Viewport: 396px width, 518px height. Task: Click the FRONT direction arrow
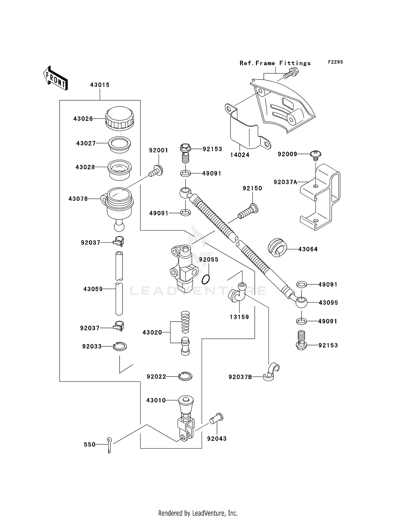(x=55, y=78)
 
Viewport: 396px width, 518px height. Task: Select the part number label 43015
(x=100, y=85)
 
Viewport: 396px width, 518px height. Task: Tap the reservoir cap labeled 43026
(x=120, y=119)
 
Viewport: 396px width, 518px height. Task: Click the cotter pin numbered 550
(x=110, y=445)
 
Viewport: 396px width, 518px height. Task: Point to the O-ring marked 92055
(x=206, y=279)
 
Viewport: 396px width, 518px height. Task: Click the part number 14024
(x=239, y=155)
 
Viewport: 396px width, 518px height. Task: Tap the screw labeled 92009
(x=316, y=155)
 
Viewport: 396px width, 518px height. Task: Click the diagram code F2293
(x=335, y=62)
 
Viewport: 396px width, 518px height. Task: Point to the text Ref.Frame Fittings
(x=275, y=63)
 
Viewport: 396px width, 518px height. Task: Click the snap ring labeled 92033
(x=120, y=346)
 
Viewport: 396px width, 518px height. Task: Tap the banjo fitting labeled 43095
(x=301, y=302)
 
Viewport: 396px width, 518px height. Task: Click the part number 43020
(x=152, y=332)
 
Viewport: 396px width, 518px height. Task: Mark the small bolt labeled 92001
(x=156, y=171)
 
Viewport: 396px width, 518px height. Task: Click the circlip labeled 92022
(x=185, y=376)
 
